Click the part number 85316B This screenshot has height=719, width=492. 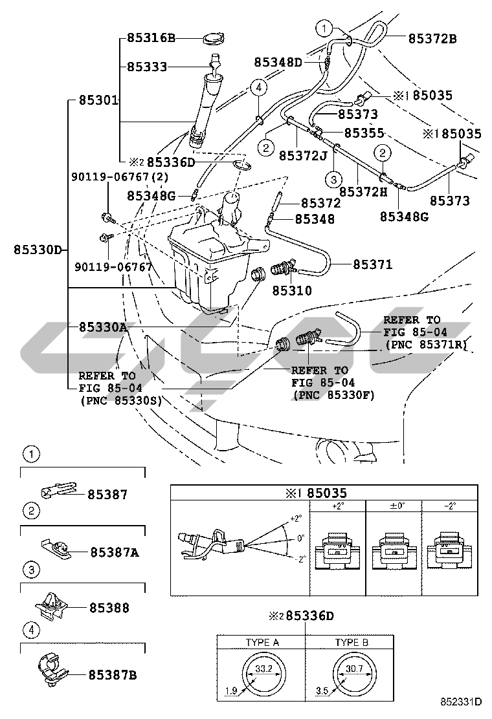[x=151, y=38]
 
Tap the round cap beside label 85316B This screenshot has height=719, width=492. [x=213, y=39]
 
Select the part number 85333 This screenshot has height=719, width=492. [x=147, y=67]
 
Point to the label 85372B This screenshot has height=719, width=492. [x=432, y=39]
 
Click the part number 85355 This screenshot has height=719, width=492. [x=364, y=133]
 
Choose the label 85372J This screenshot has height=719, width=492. [x=303, y=156]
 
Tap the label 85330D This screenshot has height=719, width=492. [x=38, y=250]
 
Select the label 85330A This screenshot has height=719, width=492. [x=104, y=327]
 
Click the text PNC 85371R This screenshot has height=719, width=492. [x=425, y=345]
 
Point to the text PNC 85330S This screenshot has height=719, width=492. [x=122, y=400]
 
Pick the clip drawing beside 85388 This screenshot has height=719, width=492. [x=52, y=606]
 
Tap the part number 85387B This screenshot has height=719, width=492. [x=113, y=675]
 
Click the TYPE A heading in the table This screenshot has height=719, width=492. [x=262, y=642]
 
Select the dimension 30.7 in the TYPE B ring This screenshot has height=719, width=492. [x=354, y=669]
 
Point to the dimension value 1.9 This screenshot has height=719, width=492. [x=231, y=691]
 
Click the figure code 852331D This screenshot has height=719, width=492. [x=461, y=702]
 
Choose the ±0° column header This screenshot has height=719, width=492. [x=394, y=506]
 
